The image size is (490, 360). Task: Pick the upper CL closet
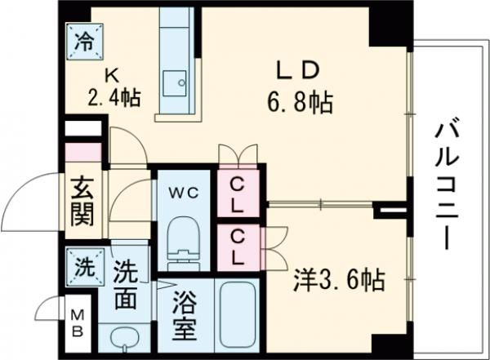237,194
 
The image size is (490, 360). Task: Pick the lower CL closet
237,246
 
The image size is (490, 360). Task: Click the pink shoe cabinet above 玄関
82,153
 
